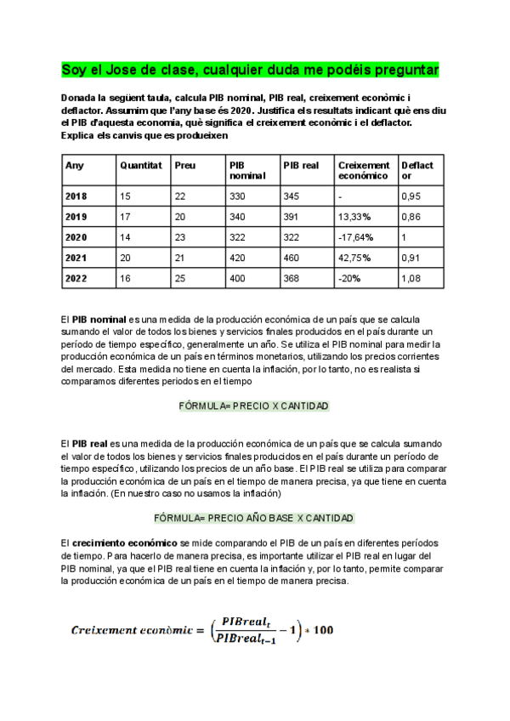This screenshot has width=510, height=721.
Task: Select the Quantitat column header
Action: click(141, 165)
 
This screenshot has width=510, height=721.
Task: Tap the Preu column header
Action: click(184, 165)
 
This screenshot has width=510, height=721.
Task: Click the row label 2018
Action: click(76, 196)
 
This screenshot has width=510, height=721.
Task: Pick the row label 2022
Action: click(76, 278)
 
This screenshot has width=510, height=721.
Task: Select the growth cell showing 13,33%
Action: click(354, 217)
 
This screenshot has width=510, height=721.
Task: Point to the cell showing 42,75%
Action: click(354, 258)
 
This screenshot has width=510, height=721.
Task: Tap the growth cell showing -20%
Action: click(348, 278)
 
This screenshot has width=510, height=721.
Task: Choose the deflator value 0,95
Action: click(411, 196)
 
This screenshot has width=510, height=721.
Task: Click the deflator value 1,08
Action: click(411, 278)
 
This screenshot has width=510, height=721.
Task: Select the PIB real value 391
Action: click(292, 217)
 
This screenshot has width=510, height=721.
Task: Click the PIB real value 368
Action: click(292, 278)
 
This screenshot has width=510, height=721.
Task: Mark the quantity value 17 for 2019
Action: click(126, 217)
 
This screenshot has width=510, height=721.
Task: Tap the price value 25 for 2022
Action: click(179, 278)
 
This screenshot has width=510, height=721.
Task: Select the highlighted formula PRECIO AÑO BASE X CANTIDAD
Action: click(254, 518)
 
